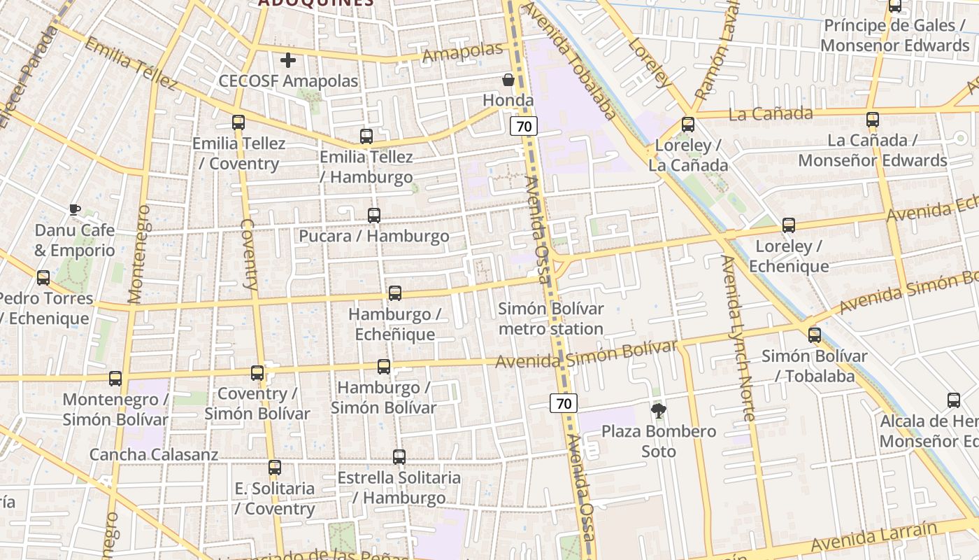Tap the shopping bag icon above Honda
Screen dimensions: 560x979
tap(508, 80)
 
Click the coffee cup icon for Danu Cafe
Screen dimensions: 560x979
tap(75, 209)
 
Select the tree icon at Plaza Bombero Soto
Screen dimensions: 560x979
tap(658, 410)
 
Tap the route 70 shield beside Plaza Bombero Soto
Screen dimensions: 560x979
tap(564, 403)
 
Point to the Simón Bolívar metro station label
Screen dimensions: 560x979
tap(550, 318)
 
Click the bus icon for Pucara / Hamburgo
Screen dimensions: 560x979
tap(374, 216)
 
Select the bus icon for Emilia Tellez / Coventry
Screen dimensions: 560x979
tap(238, 122)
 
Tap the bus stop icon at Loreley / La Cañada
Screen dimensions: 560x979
tap(688, 125)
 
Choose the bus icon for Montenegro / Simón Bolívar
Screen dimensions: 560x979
tap(115, 379)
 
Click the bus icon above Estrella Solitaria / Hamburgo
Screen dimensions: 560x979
tap(399, 457)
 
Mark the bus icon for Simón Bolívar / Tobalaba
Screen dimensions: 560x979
tap(815, 335)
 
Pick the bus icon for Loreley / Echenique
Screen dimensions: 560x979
tap(789, 225)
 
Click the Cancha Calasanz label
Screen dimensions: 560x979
tap(154, 454)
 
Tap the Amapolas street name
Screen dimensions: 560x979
tap(464, 52)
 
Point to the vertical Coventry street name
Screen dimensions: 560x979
tap(249, 253)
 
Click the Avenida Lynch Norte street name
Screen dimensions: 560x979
tap(738, 337)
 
